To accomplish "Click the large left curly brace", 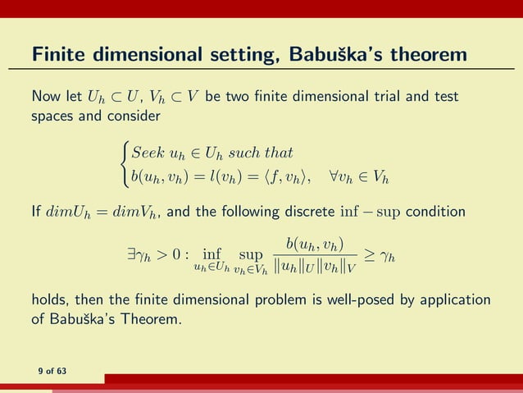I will [124, 163].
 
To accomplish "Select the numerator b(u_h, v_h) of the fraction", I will [315, 243].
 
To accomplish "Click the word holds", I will [49, 301].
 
